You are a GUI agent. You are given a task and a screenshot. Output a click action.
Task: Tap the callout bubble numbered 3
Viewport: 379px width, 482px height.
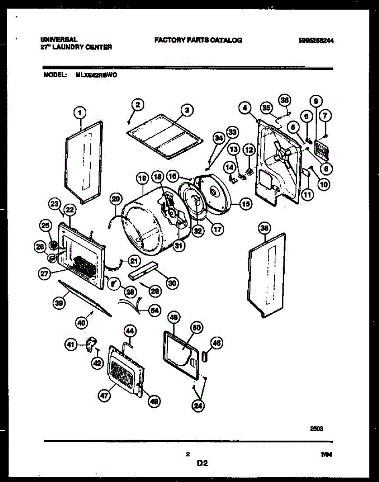coord(187,109)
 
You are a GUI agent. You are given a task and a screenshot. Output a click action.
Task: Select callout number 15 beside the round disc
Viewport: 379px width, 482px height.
coord(246,204)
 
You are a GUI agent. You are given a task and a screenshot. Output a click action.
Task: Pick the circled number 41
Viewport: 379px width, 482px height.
coord(71,344)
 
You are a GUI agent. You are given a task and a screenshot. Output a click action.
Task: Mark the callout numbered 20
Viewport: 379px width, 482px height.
coord(116,198)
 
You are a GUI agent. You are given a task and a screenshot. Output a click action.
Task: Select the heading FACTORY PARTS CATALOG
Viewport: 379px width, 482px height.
coord(198,40)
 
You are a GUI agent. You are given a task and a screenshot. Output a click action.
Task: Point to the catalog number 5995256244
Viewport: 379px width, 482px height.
coord(316,41)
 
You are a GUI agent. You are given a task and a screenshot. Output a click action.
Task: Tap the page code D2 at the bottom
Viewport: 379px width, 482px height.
coord(202,464)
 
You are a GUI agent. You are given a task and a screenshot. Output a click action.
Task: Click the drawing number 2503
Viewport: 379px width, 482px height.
coord(317,428)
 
